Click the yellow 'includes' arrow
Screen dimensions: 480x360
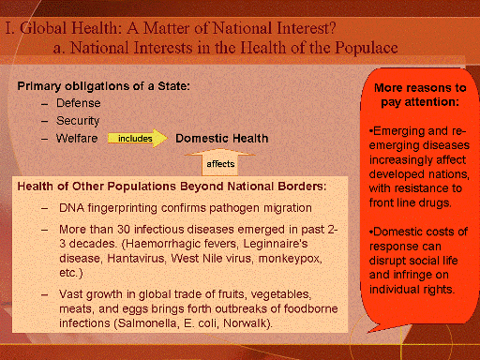[x=138, y=138]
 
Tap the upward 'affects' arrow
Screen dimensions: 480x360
[x=220, y=162]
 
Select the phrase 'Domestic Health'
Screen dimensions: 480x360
[x=222, y=138]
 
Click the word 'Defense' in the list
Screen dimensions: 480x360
[x=79, y=103]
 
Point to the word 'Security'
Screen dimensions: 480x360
[x=78, y=121]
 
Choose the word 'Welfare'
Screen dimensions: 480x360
[x=77, y=138]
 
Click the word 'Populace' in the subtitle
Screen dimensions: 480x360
[x=367, y=48]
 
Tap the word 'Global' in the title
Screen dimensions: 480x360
[x=43, y=28]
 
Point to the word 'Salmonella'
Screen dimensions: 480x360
[x=147, y=322]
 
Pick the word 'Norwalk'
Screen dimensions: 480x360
[x=245, y=322]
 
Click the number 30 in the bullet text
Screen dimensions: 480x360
[x=124, y=230]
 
